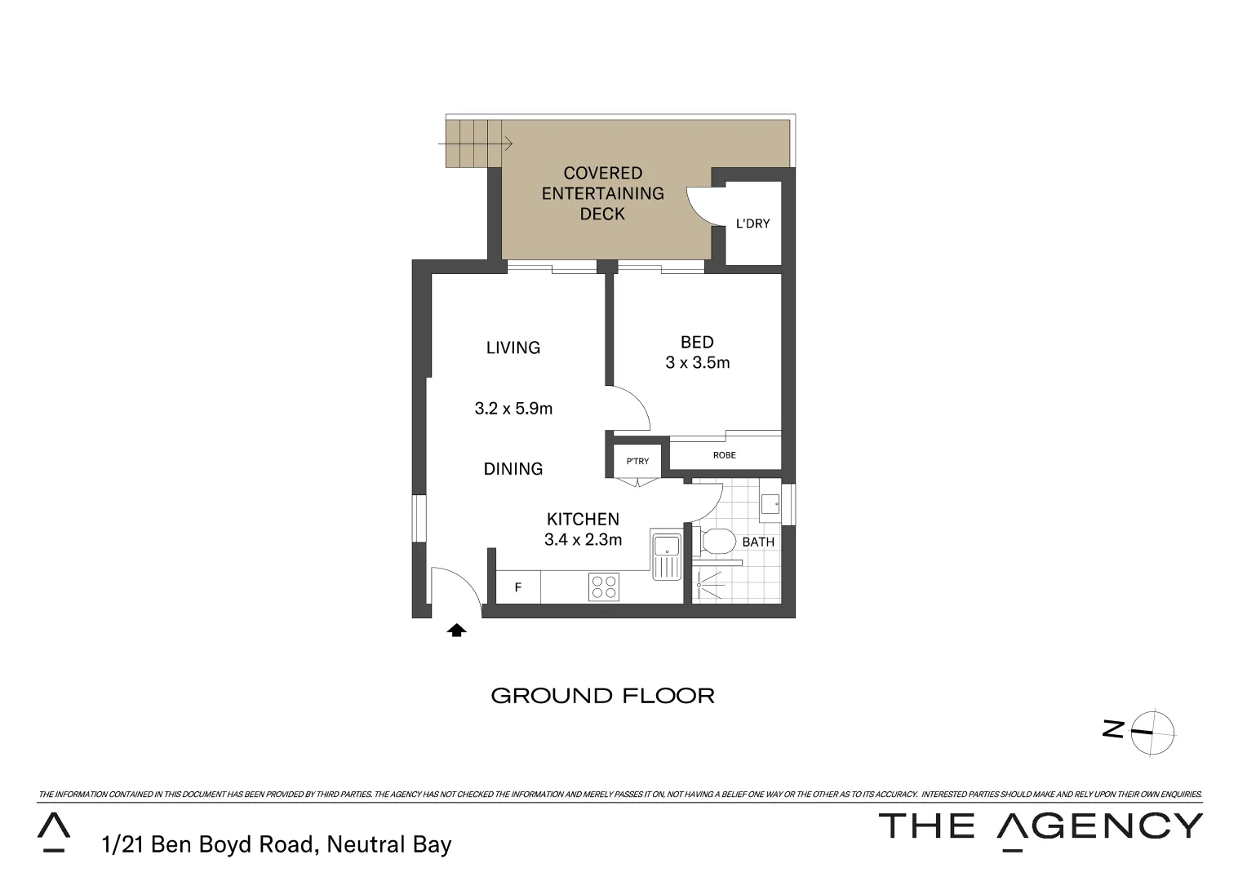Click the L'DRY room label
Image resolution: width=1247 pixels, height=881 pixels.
752,224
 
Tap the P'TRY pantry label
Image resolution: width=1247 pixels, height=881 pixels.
637,461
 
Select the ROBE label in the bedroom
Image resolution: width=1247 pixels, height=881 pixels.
724,455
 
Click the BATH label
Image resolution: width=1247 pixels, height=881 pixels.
758,542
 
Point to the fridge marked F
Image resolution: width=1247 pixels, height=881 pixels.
517,587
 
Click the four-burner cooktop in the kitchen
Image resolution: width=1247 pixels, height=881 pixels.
604,587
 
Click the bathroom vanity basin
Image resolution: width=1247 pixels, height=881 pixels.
770,504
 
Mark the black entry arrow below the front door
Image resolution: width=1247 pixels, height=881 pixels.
457,630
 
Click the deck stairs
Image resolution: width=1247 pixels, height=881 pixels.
473,144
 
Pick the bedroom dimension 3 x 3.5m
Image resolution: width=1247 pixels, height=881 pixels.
697,363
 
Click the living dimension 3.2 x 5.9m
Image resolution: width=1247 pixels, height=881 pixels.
513,409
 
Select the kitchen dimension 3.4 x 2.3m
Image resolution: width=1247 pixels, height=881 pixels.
583,539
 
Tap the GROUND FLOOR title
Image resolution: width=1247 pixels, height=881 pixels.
602,696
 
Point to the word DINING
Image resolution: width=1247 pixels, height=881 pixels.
513,469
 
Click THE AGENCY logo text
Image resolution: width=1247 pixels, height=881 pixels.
1040,827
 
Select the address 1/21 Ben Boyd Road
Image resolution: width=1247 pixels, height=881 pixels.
276,844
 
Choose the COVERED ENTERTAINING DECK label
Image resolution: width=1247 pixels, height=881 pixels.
603,193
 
